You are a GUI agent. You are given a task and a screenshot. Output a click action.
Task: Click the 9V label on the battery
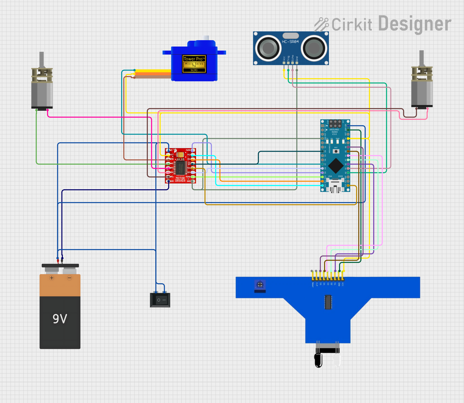pyautogui.click(x=60, y=319)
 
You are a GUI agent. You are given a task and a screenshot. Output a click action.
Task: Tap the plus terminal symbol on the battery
pyautogui.click(x=52, y=278)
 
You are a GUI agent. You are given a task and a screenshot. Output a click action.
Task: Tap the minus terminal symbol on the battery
pyautogui.click(x=69, y=278)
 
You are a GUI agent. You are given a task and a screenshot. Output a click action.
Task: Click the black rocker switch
pyautogui.click(x=160, y=300)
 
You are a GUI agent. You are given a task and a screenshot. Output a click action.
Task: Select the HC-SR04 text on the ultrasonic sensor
pyautogui.click(x=290, y=42)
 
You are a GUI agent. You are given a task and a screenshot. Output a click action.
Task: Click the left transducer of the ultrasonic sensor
pyautogui.click(x=268, y=48)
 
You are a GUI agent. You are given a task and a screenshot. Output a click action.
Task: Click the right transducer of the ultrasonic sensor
pyautogui.click(x=314, y=48)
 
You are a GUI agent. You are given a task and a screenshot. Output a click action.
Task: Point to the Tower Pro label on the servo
pyautogui.click(x=194, y=59)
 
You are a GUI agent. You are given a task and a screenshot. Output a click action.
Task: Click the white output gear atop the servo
pyautogui.click(x=205, y=38)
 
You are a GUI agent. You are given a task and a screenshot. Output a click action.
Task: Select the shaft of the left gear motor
pyautogui.click(x=42, y=59)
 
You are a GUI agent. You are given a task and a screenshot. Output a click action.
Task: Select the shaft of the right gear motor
pyautogui.click(x=422, y=58)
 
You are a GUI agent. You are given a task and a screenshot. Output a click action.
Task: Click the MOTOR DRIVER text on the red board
pyautogui.click(x=180, y=179)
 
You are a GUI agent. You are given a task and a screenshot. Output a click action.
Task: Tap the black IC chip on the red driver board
pyautogui.click(x=180, y=167)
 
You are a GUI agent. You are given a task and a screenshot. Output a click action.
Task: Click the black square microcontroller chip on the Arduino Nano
pyautogui.click(x=335, y=166)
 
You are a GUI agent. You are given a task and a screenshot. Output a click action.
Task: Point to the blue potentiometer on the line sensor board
pyautogui.click(x=260, y=285)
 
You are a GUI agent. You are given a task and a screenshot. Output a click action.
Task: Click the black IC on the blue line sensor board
pyautogui.click(x=328, y=302)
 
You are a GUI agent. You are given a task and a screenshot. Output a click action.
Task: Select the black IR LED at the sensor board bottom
pyautogui.click(x=318, y=360)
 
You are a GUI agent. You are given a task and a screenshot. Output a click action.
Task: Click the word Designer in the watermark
pyautogui.click(x=415, y=24)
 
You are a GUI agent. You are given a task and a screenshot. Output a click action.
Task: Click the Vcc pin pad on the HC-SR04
pyautogui.click(x=284, y=63)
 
